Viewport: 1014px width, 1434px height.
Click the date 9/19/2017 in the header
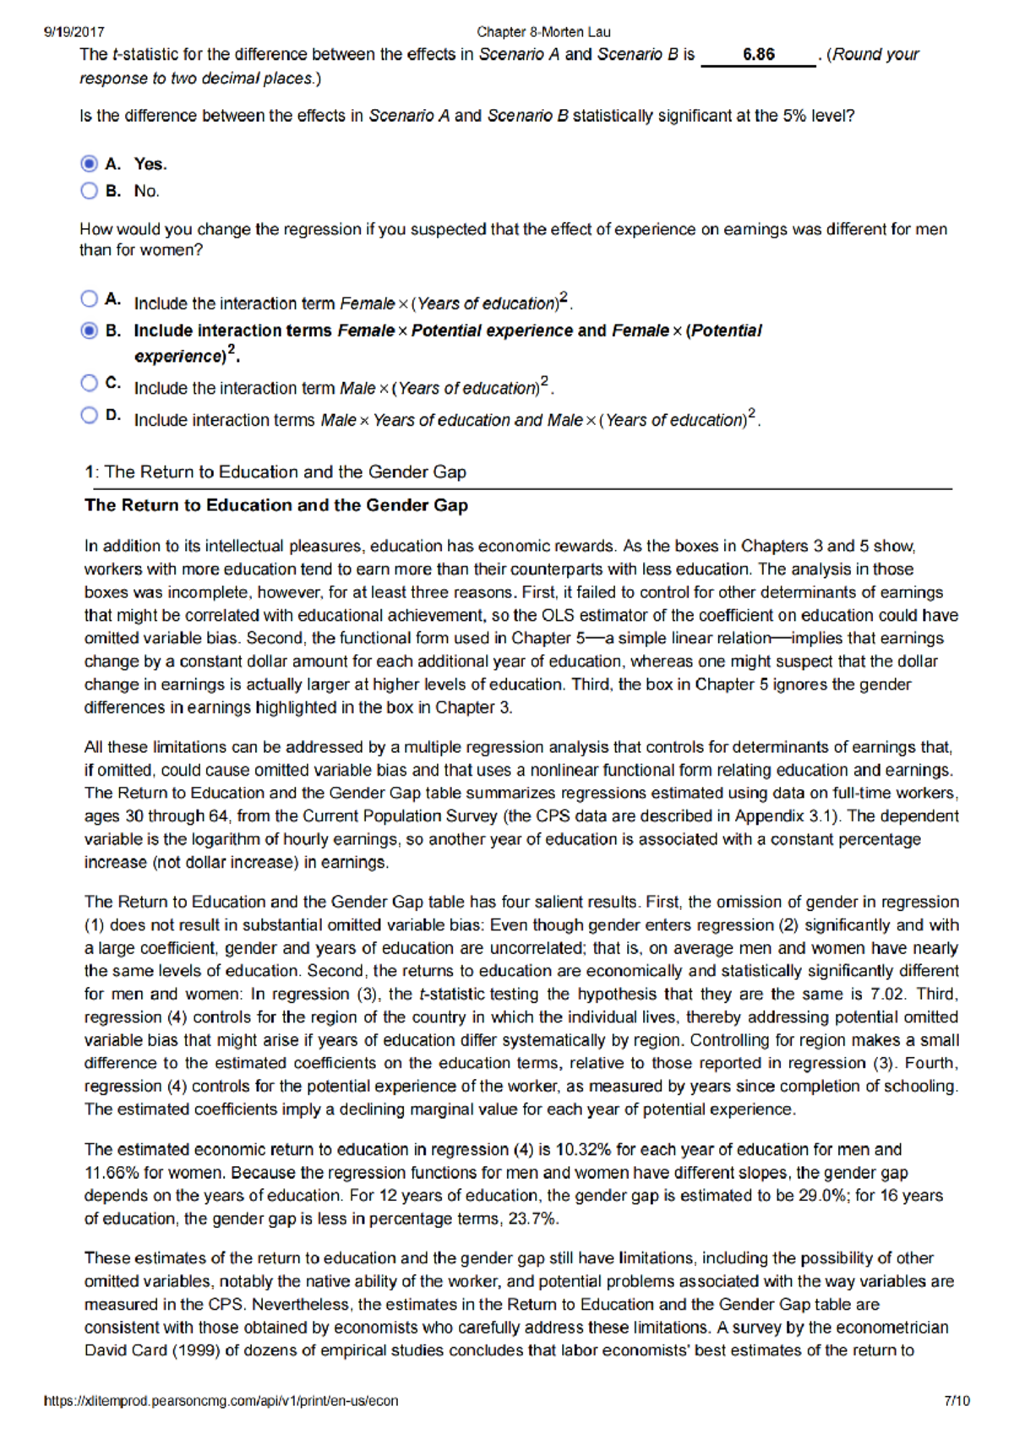(x=74, y=32)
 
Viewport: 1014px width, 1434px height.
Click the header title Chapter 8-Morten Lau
(x=543, y=32)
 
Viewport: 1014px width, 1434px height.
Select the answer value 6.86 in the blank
(x=758, y=55)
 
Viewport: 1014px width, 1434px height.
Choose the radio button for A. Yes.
(x=90, y=163)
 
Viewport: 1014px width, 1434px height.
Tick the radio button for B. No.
(x=90, y=191)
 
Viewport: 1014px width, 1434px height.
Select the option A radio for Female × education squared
(x=90, y=298)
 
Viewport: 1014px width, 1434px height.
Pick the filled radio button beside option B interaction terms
(x=90, y=330)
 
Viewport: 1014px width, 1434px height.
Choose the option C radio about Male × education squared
(x=90, y=383)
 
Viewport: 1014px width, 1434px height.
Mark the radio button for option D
(x=90, y=415)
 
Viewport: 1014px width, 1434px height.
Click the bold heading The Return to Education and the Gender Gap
(x=276, y=505)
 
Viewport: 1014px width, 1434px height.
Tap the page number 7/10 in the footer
(x=956, y=1401)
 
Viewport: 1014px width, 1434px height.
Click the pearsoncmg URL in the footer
(x=221, y=1401)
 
